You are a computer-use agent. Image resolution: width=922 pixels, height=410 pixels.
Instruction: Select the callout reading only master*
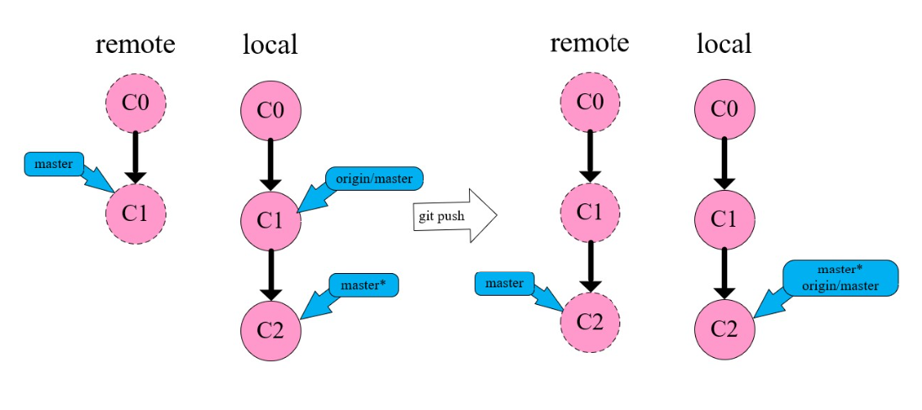[x=362, y=285]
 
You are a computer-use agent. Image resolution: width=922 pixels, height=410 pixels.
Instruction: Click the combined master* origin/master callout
[x=840, y=278]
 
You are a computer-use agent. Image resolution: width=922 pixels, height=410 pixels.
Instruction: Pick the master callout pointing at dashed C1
[x=55, y=163]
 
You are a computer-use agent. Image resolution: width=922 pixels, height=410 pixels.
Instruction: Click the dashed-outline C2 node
[x=589, y=323]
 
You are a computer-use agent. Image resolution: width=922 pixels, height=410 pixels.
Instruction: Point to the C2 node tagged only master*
[x=270, y=329]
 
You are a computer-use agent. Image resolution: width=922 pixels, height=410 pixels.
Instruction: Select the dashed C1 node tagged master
[x=135, y=213]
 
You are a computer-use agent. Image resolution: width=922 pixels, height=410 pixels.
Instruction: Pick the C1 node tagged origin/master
[x=270, y=219]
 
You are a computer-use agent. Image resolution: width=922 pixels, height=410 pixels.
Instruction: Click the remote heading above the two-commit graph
[x=135, y=44]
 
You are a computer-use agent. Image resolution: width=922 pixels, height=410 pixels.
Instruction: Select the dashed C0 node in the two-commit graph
[x=135, y=105]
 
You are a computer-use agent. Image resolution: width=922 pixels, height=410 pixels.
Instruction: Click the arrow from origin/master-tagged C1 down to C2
[x=270, y=274]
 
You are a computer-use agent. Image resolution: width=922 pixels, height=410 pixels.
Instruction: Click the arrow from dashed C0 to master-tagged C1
[x=135, y=159]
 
